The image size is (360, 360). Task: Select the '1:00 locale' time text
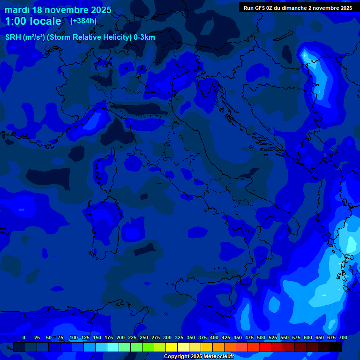pos(33,21)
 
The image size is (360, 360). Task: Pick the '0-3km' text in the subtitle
pos(144,37)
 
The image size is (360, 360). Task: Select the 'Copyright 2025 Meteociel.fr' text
pos(199,357)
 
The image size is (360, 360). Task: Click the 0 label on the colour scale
pos(24,337)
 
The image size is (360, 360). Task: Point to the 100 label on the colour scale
pos(74,337)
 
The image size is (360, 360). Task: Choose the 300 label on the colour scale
pos(167,337)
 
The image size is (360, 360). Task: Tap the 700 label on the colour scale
pos(343,337)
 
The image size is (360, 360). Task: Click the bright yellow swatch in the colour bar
pos(172,347)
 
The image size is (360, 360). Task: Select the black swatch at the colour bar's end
pos(336,347)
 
